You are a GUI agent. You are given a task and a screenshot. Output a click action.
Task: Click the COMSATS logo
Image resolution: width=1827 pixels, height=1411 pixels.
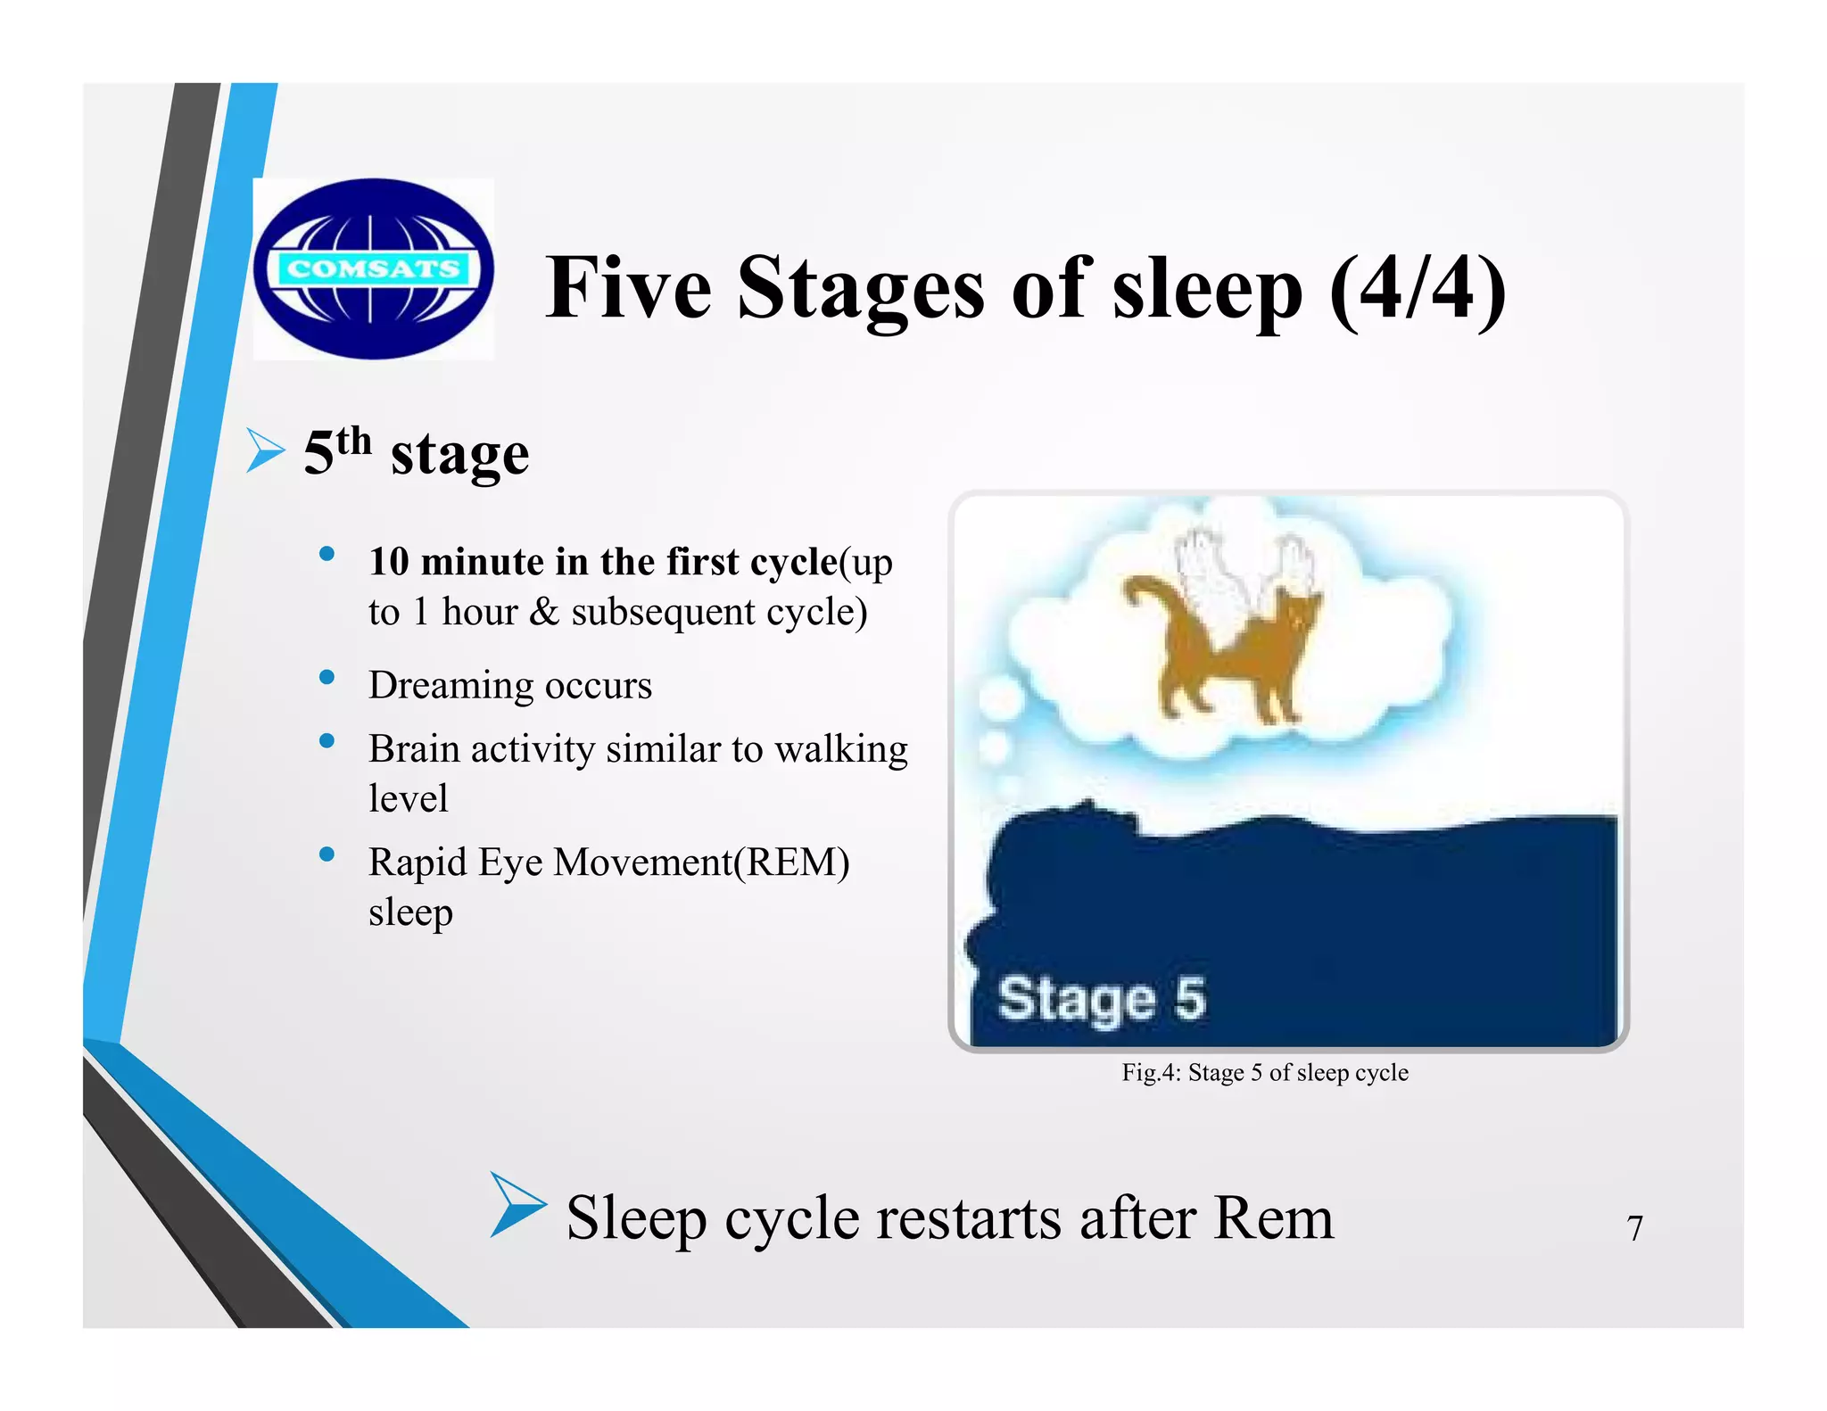click(373, 268)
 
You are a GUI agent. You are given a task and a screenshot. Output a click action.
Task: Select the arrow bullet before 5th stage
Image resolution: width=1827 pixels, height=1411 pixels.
click(265, 450)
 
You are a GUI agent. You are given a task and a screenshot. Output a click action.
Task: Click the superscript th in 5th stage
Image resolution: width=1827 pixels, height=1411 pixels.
click(354, 441)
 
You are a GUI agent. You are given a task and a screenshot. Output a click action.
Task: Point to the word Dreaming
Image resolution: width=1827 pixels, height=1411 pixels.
click(451, 686)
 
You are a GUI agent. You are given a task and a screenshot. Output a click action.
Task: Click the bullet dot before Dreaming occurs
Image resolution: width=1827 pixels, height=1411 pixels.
click(327, 678)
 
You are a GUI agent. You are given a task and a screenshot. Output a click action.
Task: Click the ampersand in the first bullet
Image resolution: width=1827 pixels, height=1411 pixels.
click(543, 612)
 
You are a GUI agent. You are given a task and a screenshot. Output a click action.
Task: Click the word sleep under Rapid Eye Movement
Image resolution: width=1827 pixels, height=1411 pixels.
click(410, 912)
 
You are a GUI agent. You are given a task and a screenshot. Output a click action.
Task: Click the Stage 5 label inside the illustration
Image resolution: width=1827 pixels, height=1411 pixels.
click(1101, 998)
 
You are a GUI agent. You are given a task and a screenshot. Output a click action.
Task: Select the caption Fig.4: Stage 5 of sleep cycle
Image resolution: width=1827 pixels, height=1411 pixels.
click(1264, 1072)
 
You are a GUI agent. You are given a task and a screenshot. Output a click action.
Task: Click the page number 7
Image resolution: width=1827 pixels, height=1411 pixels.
click(1634, 1228)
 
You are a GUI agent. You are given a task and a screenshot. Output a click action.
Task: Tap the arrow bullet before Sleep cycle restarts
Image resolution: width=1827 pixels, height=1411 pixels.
click(517, 1205)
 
